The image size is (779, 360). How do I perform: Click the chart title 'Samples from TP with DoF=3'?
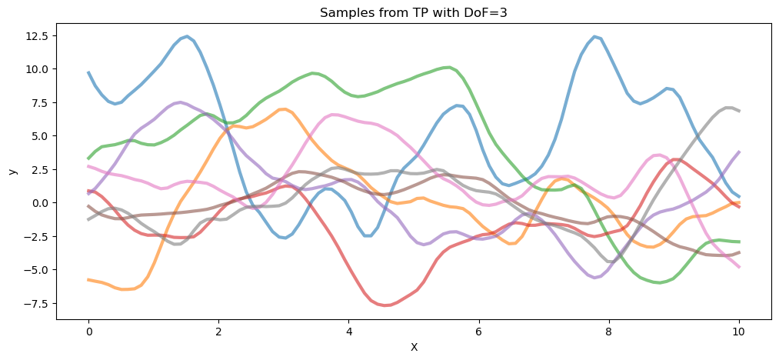[414, 12]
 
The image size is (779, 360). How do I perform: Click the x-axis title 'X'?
[414, 347]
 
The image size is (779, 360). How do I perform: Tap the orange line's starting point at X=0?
[88, 280]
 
